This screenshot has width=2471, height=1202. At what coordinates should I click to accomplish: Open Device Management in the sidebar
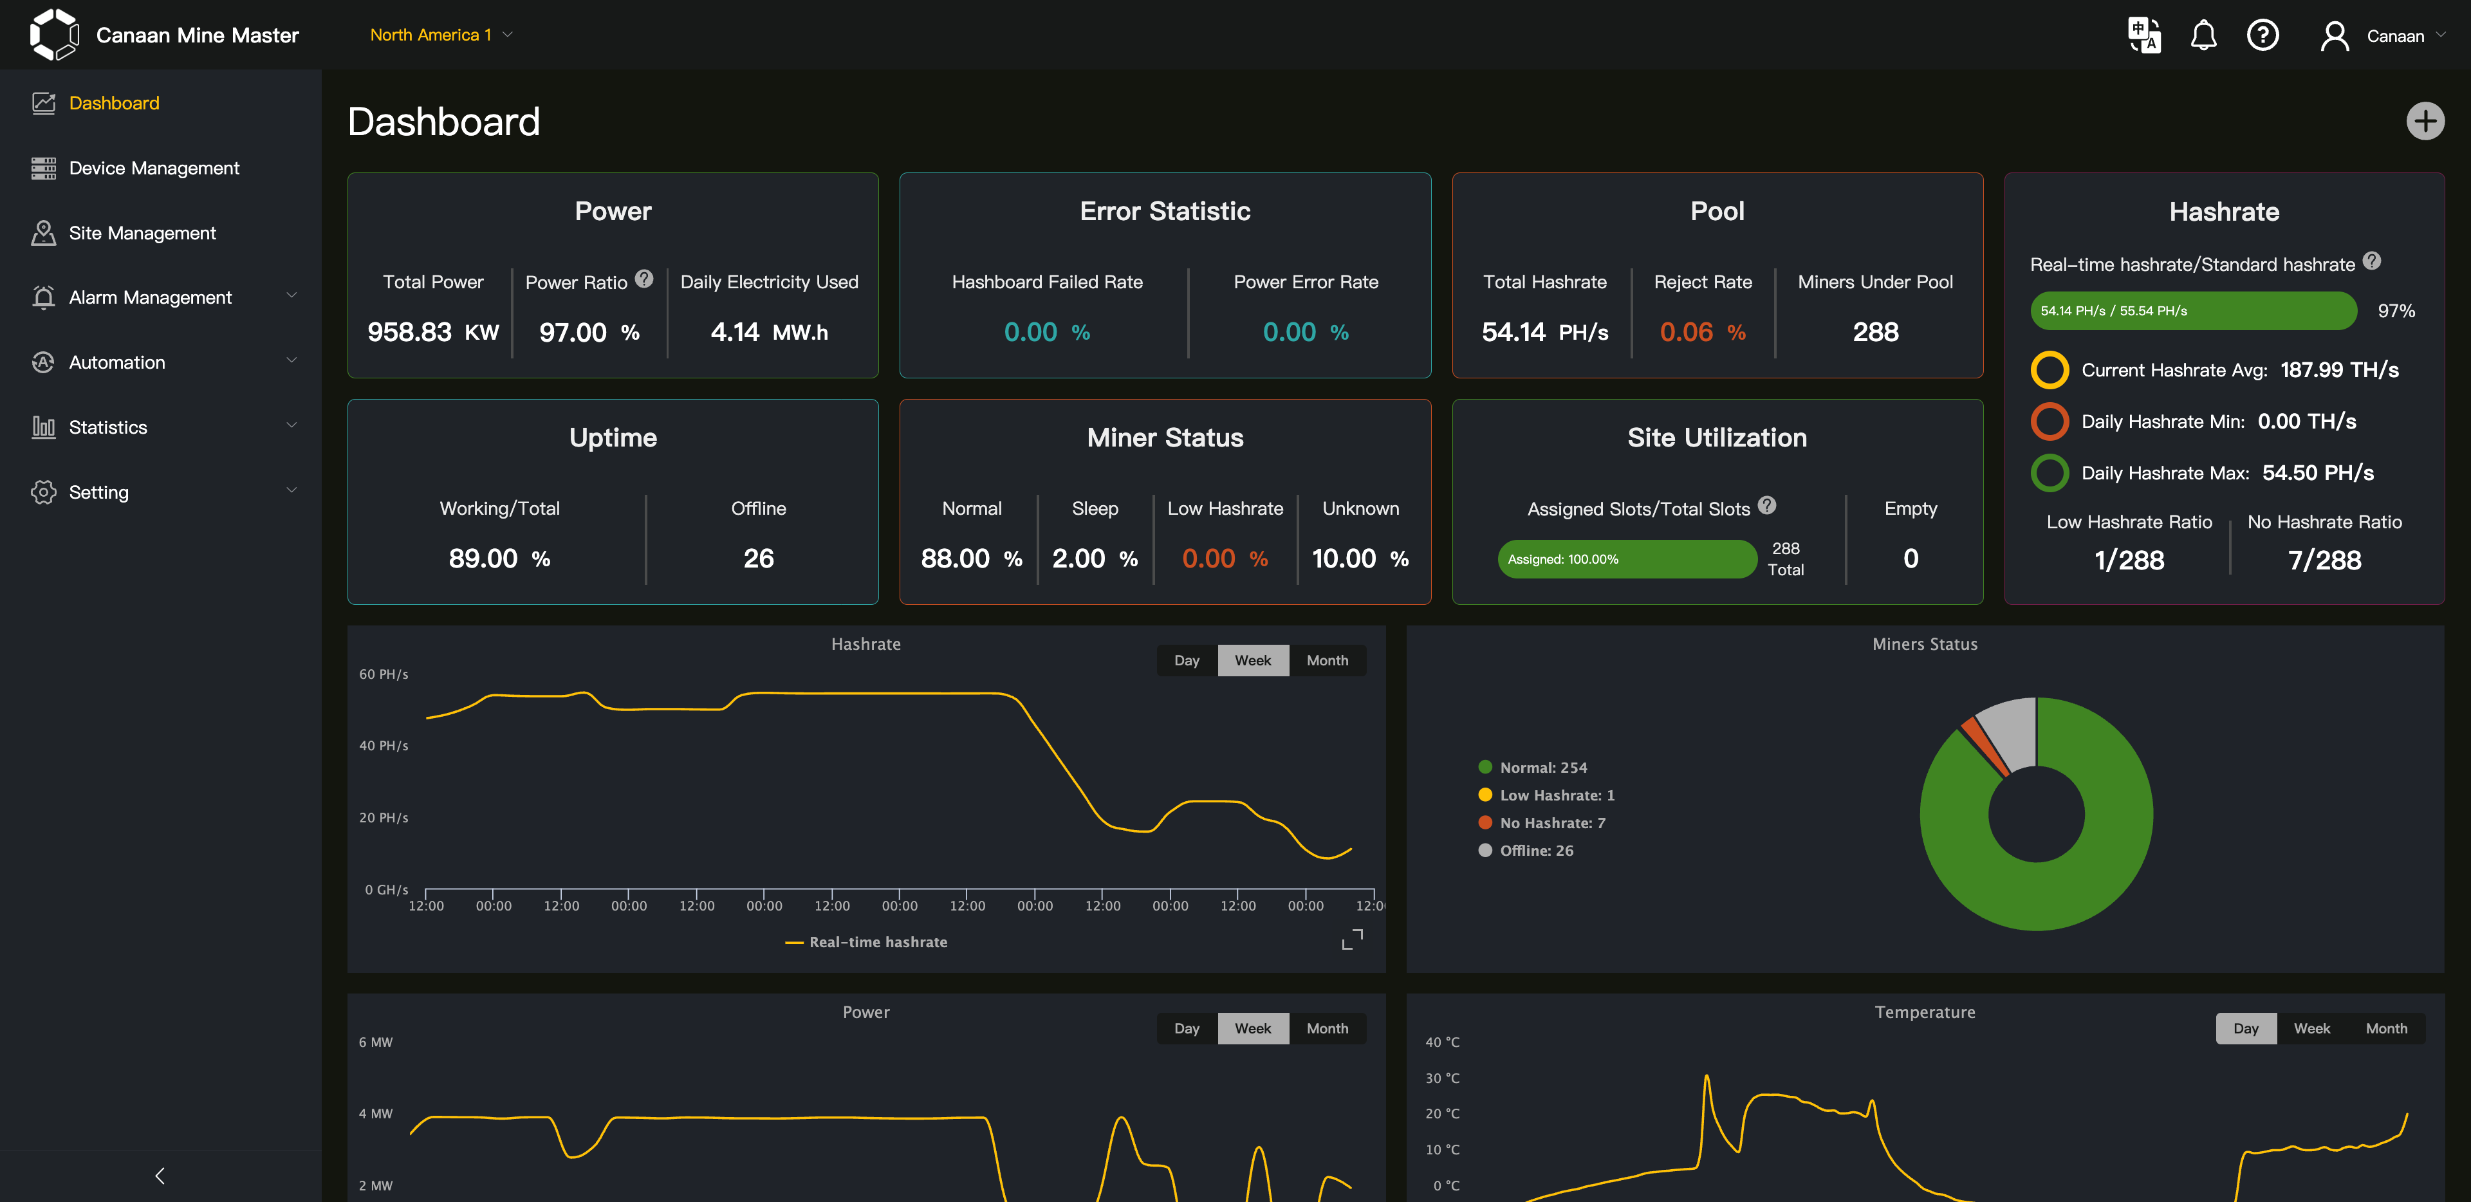pos(154,168)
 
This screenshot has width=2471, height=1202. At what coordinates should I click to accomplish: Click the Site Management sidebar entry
pos(142,233)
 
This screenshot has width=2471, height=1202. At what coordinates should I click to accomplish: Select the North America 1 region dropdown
pos(440,35)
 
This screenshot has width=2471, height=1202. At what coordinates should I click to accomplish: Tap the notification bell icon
pos(2203,35)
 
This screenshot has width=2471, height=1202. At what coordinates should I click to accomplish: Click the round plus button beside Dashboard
pos(2424,121)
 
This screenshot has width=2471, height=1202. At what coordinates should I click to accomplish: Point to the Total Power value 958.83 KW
pos(432,332)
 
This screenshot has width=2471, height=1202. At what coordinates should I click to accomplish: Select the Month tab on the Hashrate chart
pos(1327,660)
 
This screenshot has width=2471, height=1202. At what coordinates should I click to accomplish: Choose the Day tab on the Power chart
pos(1187,1028)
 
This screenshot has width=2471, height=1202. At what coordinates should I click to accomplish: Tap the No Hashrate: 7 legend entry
pos(1551,823)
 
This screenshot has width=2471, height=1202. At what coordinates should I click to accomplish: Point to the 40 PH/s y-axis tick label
pos(384,745)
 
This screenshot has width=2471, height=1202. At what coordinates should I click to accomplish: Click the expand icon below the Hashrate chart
pos(1351,939)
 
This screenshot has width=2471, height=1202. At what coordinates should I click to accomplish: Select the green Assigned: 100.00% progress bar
pos(1626,559)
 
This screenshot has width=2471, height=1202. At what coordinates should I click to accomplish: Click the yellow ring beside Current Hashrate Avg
pos(2049,370)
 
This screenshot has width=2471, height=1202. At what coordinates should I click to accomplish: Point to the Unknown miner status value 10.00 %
pos(1359,559)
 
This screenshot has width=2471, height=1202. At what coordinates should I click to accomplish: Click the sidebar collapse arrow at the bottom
pos(160,1175)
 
